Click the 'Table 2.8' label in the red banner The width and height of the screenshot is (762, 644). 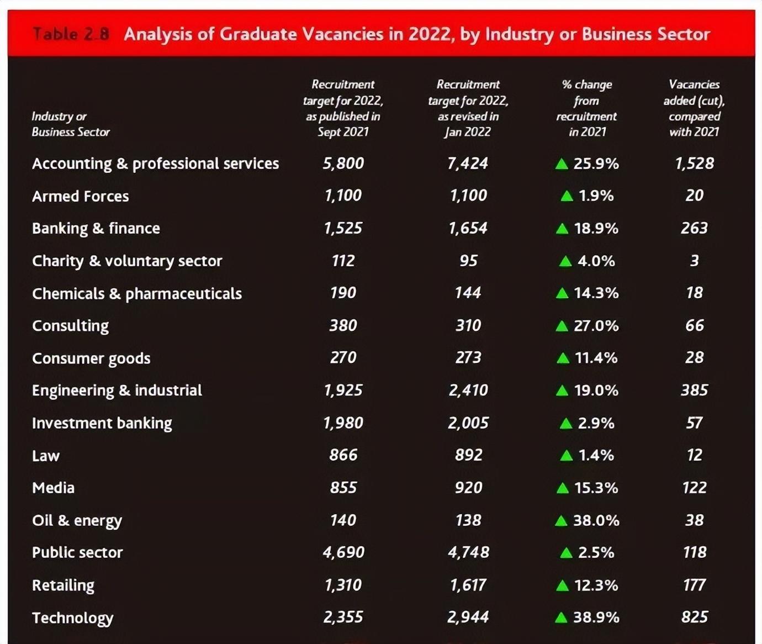coord(71,34)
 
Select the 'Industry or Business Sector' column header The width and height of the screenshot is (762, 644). coord(70,124)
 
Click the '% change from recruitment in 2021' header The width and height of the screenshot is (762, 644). coord(586,108)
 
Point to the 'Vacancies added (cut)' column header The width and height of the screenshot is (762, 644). coord(694,108)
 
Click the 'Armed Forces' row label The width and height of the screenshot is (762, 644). coord(80,196)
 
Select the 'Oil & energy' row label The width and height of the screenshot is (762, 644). coord(77,520)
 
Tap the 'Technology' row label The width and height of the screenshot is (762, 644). coord(72,617)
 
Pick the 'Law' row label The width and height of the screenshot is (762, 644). coord(46,456)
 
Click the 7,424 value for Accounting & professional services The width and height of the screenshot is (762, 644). coord(468,163)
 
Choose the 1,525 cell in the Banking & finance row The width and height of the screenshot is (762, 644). coord(343,228)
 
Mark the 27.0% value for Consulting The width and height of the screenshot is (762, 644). coord(596,325)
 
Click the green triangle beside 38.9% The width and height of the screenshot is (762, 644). coord(561,617)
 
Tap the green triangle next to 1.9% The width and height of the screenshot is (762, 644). coord(567,196)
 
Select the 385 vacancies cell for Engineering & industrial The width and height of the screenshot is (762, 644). coord(694,390)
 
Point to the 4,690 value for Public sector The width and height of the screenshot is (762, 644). coord(343,552)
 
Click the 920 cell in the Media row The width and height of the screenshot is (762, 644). coord(468,488)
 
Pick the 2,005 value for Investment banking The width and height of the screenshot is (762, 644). coord(468,423)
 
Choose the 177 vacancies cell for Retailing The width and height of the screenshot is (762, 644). coord(694,585)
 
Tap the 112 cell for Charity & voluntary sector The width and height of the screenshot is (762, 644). coord(343,261)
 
